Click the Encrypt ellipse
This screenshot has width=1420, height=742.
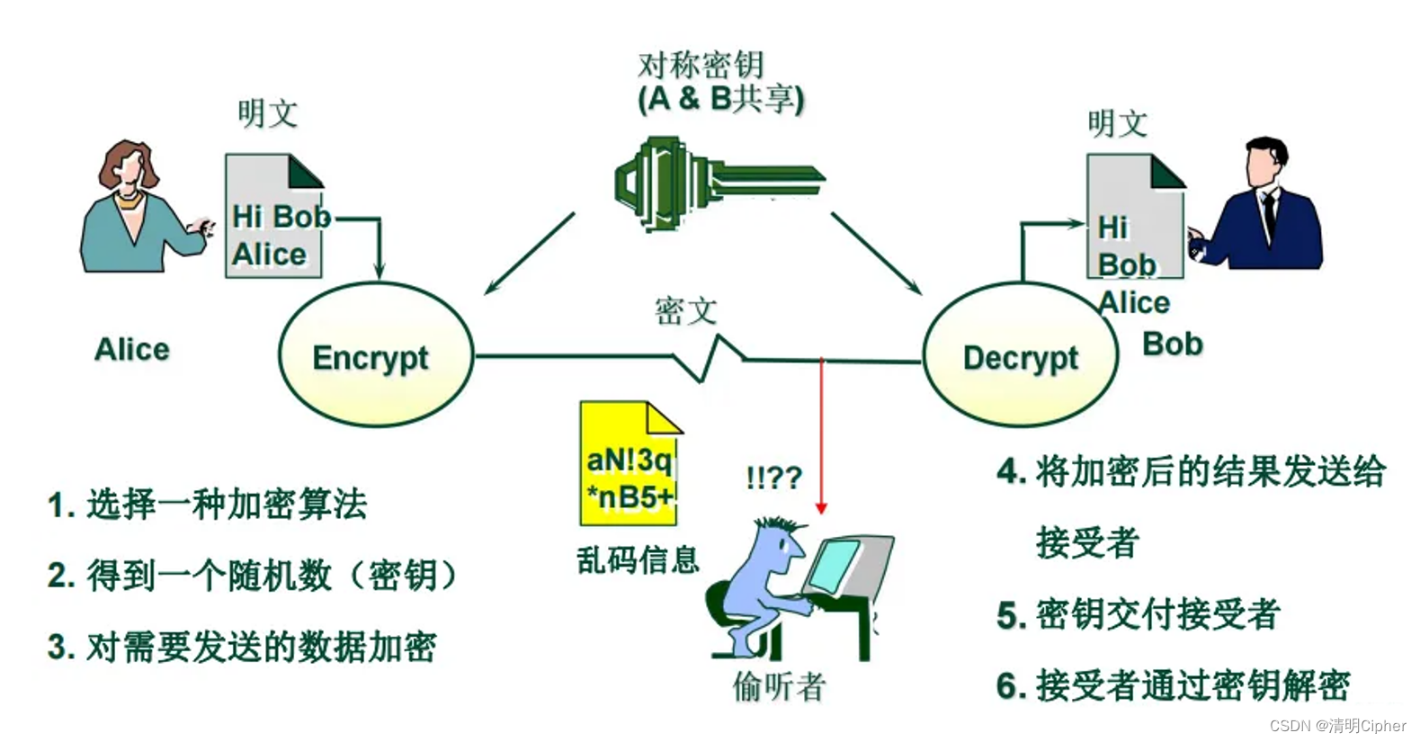coord(375,356)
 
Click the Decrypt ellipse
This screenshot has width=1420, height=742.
coord(1021,356)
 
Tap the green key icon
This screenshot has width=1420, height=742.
coord(710,183)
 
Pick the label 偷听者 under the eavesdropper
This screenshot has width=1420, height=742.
coord(779,687)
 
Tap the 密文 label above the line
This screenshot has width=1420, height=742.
coord(685,311)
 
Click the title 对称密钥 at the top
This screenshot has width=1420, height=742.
coord(701,66)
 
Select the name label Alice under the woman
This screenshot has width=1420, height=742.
coord(132,349)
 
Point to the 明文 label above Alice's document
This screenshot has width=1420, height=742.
coord(267,114)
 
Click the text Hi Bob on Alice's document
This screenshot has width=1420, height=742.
coord(281,217)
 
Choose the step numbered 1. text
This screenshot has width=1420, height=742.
coord(208,505)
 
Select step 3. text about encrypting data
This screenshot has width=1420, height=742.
coord(242,647)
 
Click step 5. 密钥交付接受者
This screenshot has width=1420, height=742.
coord(1139,615)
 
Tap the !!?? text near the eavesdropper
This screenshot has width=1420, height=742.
coord(773,477)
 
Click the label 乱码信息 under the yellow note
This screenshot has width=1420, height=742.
coord(638,560)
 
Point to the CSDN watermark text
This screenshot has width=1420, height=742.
coord(1338,725)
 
